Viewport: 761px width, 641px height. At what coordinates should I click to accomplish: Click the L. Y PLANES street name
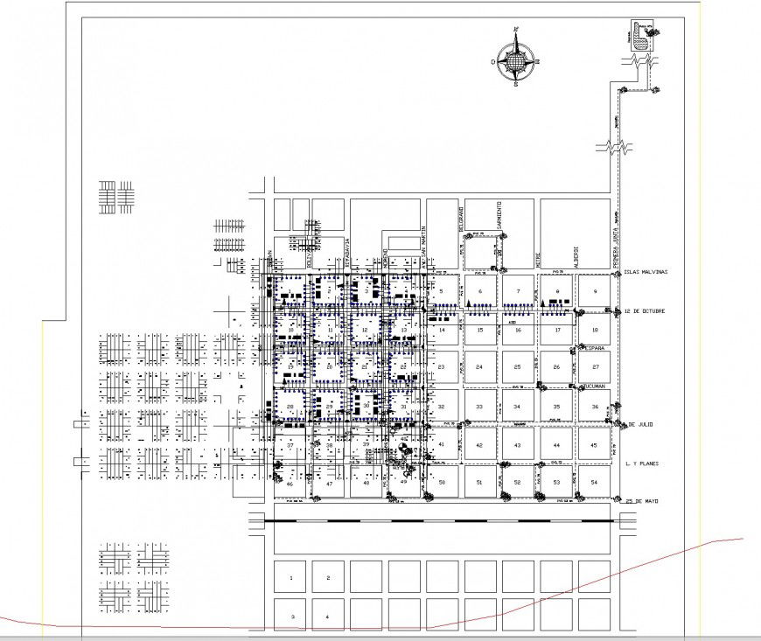point(646,463)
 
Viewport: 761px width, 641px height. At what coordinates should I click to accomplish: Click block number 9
point(594,291)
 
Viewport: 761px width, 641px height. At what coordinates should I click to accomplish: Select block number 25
point(518,367)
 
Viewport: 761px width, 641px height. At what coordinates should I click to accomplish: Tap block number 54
point(594,483)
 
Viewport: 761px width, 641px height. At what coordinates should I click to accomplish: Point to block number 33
point(479,407)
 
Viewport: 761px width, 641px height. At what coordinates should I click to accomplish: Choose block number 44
point(556,445)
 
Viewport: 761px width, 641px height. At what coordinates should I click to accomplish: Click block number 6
point(479,291)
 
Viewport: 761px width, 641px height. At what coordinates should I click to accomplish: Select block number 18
point(594,330)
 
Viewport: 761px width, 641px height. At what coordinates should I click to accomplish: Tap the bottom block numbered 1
point(291,578)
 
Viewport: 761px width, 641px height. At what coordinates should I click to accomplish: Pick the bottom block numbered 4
point(327,617)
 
